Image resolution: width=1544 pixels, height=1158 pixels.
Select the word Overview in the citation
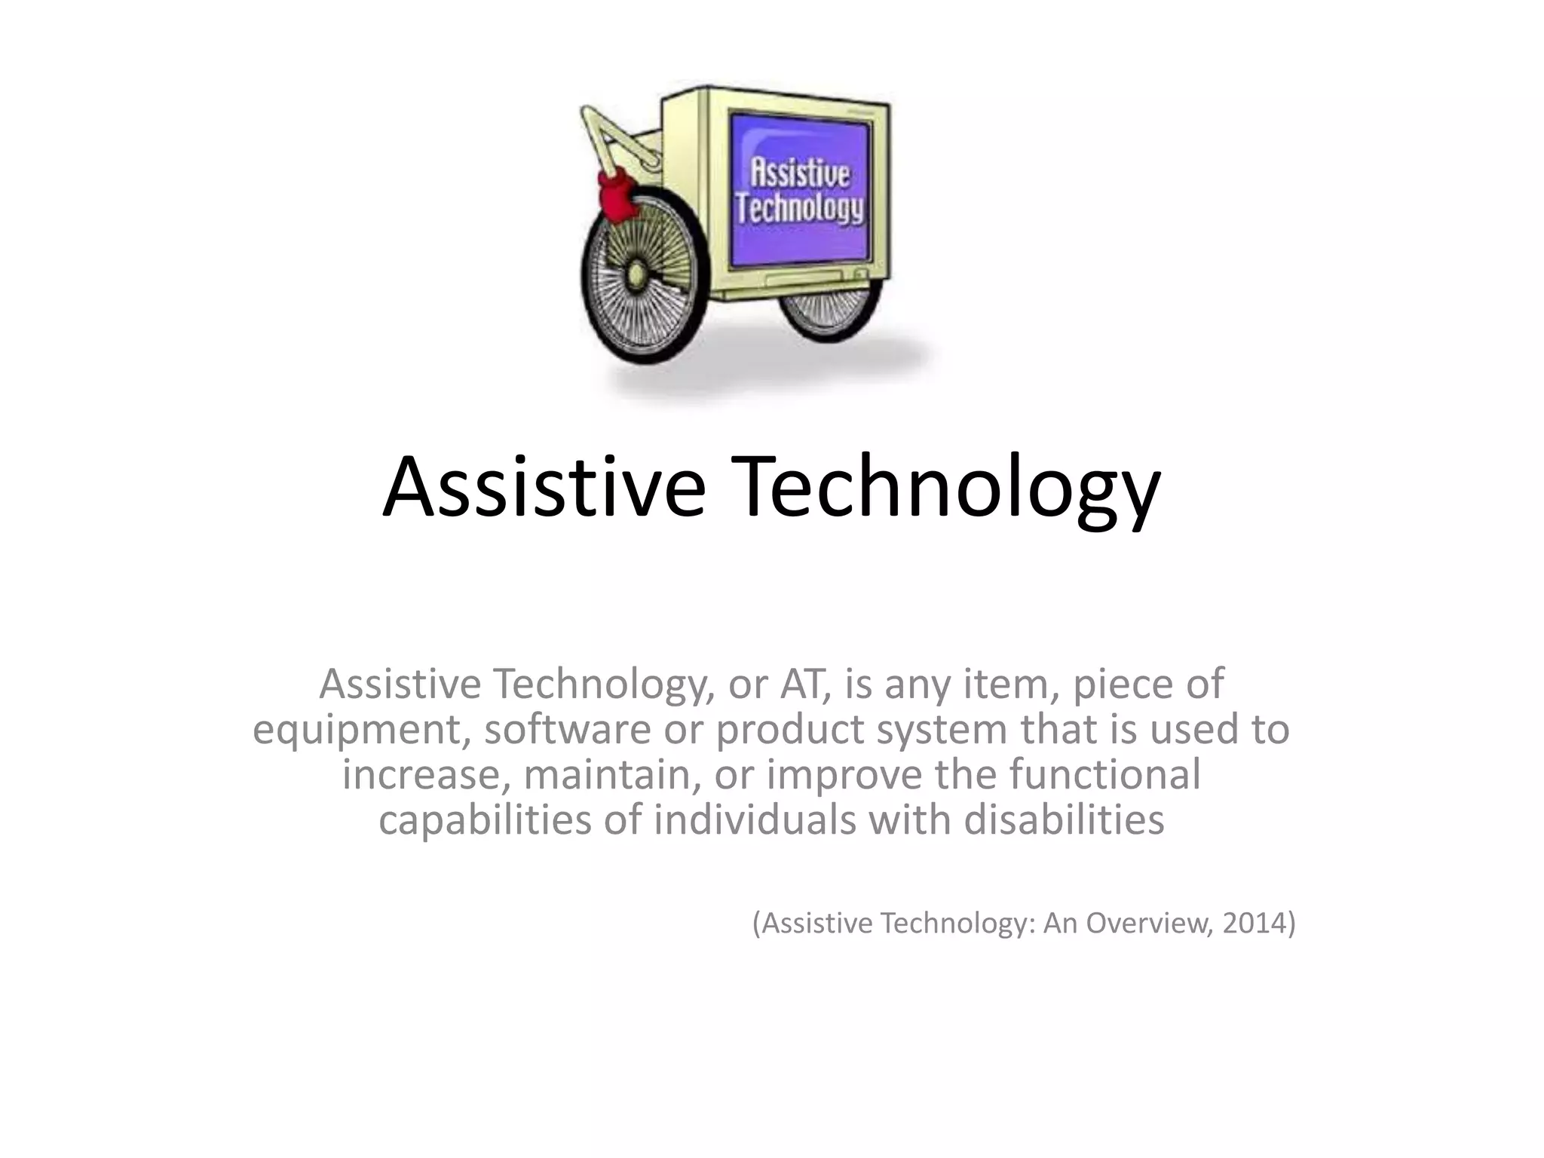[1146, 923]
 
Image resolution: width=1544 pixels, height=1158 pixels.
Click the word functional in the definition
[1104, 774]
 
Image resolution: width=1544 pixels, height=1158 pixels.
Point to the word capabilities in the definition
[484, 819]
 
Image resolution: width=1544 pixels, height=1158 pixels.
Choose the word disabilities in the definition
[1064, 819]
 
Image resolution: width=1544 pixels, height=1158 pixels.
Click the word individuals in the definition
[755, 819]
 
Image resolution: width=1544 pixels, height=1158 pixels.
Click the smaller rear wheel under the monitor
[829, 313]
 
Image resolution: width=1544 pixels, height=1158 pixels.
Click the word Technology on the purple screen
[800, 207]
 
